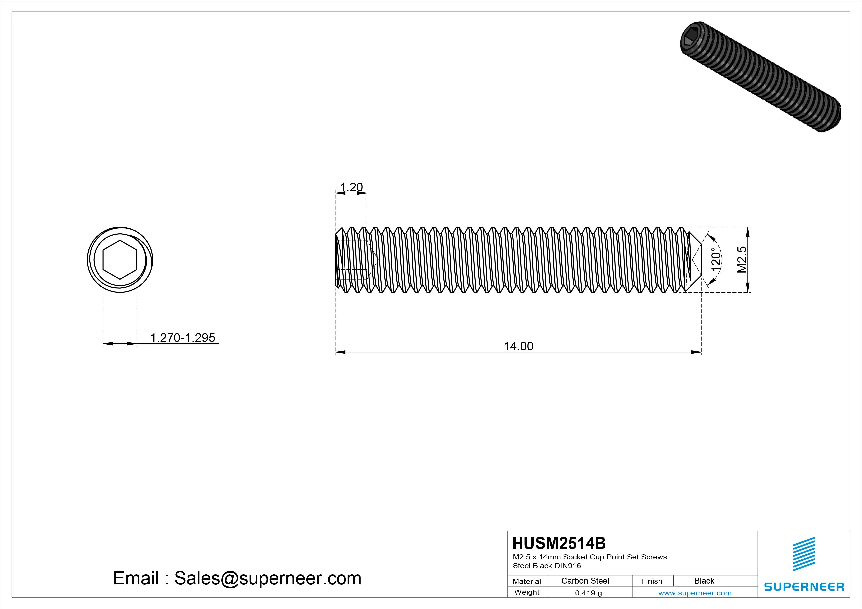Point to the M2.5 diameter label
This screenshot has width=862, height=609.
[x=742, y=259]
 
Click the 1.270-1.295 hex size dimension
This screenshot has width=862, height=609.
[x=182, y=337]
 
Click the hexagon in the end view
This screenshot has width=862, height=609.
[x=120, y=260]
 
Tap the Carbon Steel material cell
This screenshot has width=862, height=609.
[x=585, y=581]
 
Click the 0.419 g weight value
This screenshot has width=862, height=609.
[x=588, y=593]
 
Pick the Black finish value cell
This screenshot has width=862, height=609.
[x=704, y=581]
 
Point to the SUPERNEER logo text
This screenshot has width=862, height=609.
[x=804, y=587]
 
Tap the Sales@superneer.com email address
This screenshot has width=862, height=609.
[x=267, y=578]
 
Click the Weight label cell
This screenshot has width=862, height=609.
[x=527, y=592]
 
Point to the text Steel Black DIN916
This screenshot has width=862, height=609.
[x=547, y=566]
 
